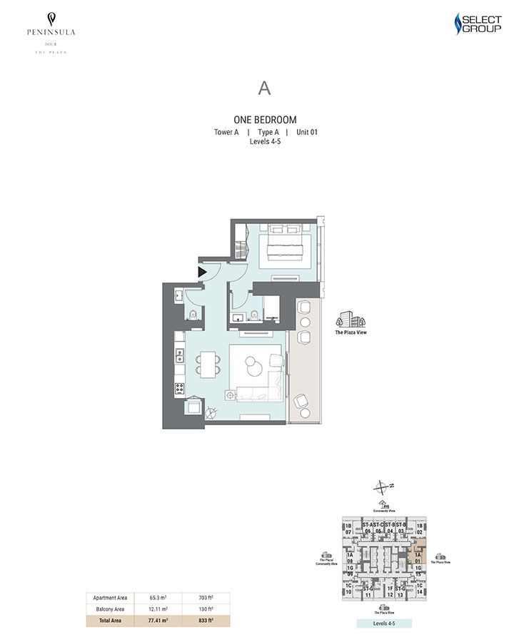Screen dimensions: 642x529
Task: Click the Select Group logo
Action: pyautogui.click(x=478, y=24)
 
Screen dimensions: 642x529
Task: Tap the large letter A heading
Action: pyautogui.click(x=265, y=88)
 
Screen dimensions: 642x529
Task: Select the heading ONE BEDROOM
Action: pyautogui.click(x=265, y=120)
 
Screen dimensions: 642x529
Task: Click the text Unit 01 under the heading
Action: pyautogui.click(x=306, y=132)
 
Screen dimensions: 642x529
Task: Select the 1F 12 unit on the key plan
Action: pyautogui.click(x=390, y=591)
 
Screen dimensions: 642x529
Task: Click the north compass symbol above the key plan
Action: pyautogui.click(x=384, y=488)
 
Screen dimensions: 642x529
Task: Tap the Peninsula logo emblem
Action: pyautogui.click(x=51, y=19)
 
